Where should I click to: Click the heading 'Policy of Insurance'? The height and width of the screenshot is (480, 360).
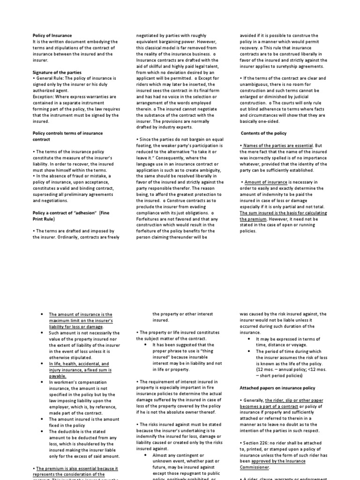point(52,36)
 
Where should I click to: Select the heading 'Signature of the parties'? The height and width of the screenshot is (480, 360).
point(57,72)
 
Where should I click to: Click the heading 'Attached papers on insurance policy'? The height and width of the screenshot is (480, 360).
point(277,388)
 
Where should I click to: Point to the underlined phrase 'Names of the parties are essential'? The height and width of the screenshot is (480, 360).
point(277,146)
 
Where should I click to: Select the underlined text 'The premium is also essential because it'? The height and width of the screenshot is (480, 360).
point(77,468)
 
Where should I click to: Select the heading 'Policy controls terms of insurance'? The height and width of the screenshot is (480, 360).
point(67,133)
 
